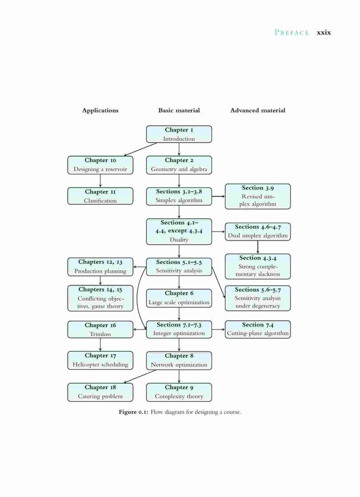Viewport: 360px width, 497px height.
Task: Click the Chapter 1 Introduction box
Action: point(179,134)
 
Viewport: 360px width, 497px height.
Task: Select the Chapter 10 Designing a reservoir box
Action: point(100,165)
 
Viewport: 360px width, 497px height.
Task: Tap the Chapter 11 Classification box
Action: point(100,196)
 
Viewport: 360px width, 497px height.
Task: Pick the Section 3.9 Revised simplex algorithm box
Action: point(258,196)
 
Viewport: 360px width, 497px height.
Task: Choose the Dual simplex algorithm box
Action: point(258,232)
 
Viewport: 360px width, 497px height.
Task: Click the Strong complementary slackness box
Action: point(258,266)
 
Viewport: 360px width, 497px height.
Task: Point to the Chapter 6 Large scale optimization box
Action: point(179,298)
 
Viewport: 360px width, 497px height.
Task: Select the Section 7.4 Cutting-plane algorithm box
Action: point(258,330)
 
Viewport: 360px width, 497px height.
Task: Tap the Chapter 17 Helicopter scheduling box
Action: point(100,360)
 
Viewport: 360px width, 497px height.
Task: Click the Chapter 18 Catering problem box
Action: point(100,392)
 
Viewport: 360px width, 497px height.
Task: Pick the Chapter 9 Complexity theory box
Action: point(179,392)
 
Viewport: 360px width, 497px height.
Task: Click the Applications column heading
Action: point(100,110)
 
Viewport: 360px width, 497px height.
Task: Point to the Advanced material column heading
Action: point(258,110)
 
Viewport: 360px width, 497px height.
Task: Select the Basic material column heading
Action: point(179,110)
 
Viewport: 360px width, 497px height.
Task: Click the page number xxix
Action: point(324,32)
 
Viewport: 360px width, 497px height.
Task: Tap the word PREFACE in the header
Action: point(291,32)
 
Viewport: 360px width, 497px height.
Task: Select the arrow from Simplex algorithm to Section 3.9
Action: point(218,196)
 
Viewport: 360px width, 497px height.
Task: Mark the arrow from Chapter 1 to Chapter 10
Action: point(140,149)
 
